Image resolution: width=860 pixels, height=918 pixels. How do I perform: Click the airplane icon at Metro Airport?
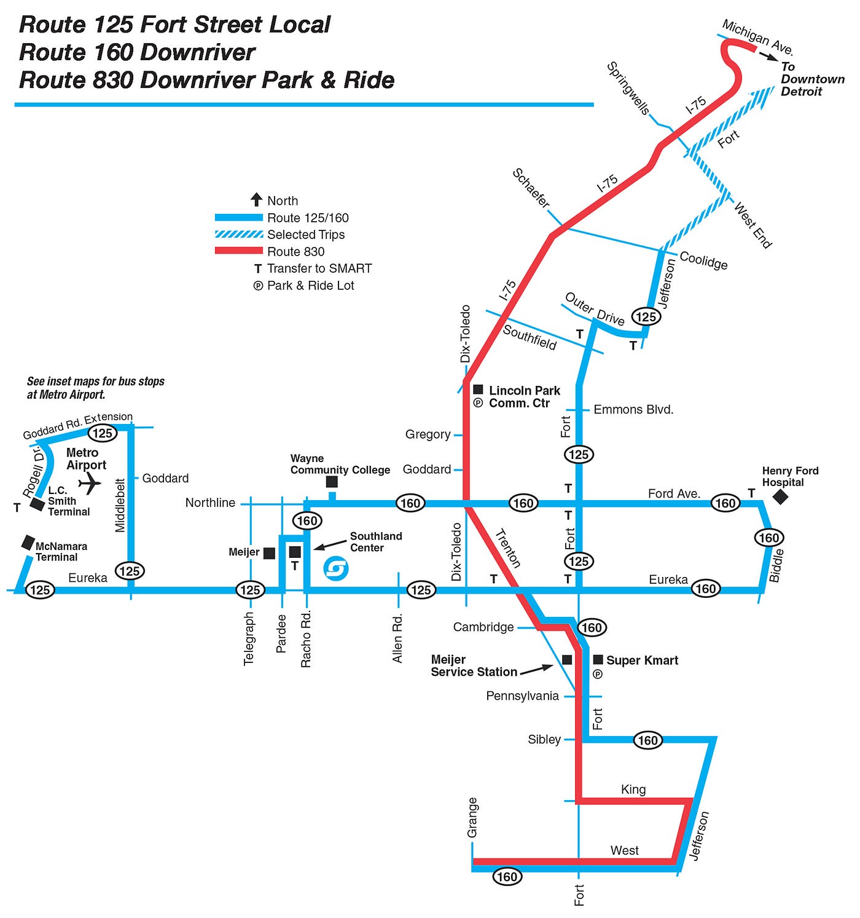click(x=90, y=484)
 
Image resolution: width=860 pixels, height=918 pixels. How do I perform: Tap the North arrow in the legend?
click(x=257, y=200)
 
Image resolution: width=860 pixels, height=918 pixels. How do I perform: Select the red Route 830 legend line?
click(x=238, y=251)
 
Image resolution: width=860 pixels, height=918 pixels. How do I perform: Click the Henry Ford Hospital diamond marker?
click(x=780, y=496)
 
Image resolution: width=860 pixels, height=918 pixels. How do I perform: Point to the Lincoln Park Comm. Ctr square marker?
click(x=478, y=390)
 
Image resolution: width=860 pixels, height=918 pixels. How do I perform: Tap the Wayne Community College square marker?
click(x=332, y=482)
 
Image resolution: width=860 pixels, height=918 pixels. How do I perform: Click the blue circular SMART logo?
click(x=335, y=568)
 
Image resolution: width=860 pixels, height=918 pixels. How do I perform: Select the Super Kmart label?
click(x=642, y=661)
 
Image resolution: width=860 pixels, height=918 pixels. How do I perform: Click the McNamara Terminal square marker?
click(x=28, y=542)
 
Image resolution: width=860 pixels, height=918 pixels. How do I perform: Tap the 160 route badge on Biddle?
click(x=768, y=538)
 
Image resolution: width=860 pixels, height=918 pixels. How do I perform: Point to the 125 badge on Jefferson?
click(x=646, y=316)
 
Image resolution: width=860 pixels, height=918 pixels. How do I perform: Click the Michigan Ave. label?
click(x=757, y=37)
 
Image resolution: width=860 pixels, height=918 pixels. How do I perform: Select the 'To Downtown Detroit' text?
click(x=812, y=79)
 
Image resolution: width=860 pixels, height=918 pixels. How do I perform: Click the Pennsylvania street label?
click(x=522, y=696)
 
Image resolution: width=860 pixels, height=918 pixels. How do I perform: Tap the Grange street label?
click(x=472, y=818)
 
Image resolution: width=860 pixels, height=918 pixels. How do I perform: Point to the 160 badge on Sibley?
click(x=647, y=740)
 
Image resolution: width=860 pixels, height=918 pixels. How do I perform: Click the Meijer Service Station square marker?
click(x=567, y=659)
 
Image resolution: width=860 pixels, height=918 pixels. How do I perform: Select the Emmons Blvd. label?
click(x=633, y=409)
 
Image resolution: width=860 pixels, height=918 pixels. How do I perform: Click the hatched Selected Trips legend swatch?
click(x=238, y=235)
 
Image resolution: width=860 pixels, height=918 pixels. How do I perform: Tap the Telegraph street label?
click(x=249, y=638)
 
